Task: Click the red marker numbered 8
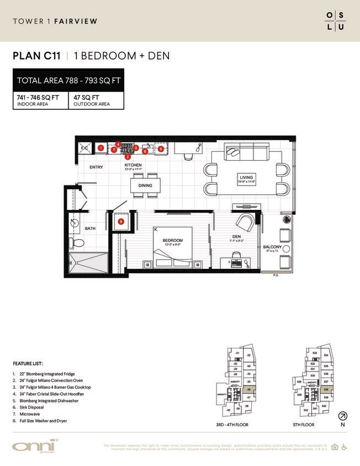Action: pos(121,221)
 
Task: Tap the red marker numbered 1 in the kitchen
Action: pos(101,148)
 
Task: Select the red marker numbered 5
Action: pos(161,149)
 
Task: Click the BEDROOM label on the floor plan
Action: pos(172,241)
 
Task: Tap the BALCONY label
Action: pos(273,247)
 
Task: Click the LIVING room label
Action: pos(246,178)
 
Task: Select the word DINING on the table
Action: pos(145,186)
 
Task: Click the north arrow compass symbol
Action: pos(342,416)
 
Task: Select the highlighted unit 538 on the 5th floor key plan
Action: pos(325,389)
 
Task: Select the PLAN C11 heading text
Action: pos(36,56)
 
